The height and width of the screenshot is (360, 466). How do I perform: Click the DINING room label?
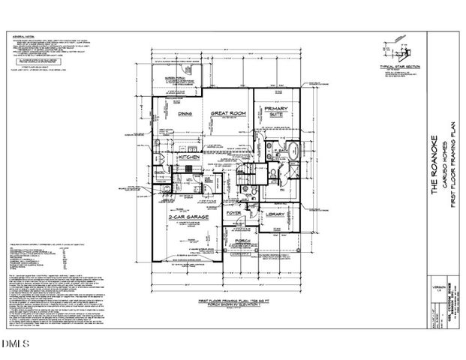(x=186, y=113)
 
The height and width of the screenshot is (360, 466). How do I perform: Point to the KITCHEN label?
(x=188, y=158)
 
